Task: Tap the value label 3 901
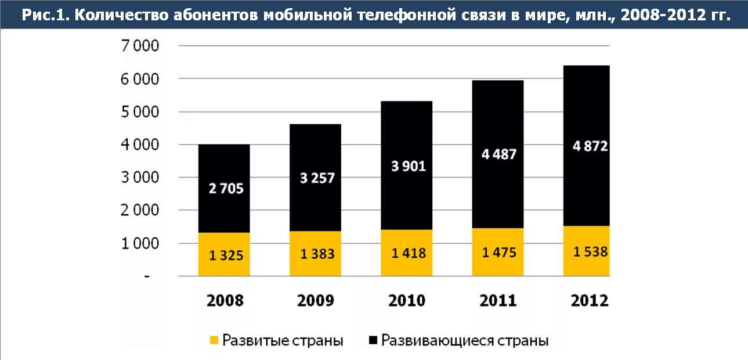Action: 407,166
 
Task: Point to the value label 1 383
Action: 315,254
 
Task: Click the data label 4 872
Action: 590,146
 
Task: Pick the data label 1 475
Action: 498,253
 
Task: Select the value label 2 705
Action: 225,188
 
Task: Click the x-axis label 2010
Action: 407,301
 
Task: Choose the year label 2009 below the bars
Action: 315,301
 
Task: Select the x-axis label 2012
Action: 589,301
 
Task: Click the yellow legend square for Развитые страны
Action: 214,340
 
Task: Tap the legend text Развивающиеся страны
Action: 464,340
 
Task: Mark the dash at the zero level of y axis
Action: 147,277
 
